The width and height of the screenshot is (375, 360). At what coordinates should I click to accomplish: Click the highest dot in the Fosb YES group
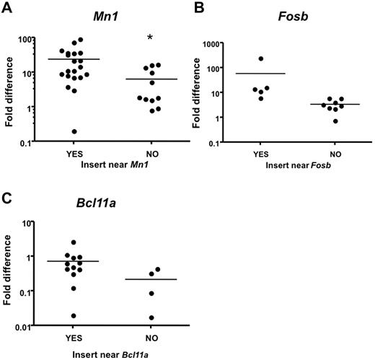(x=260, y=58)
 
